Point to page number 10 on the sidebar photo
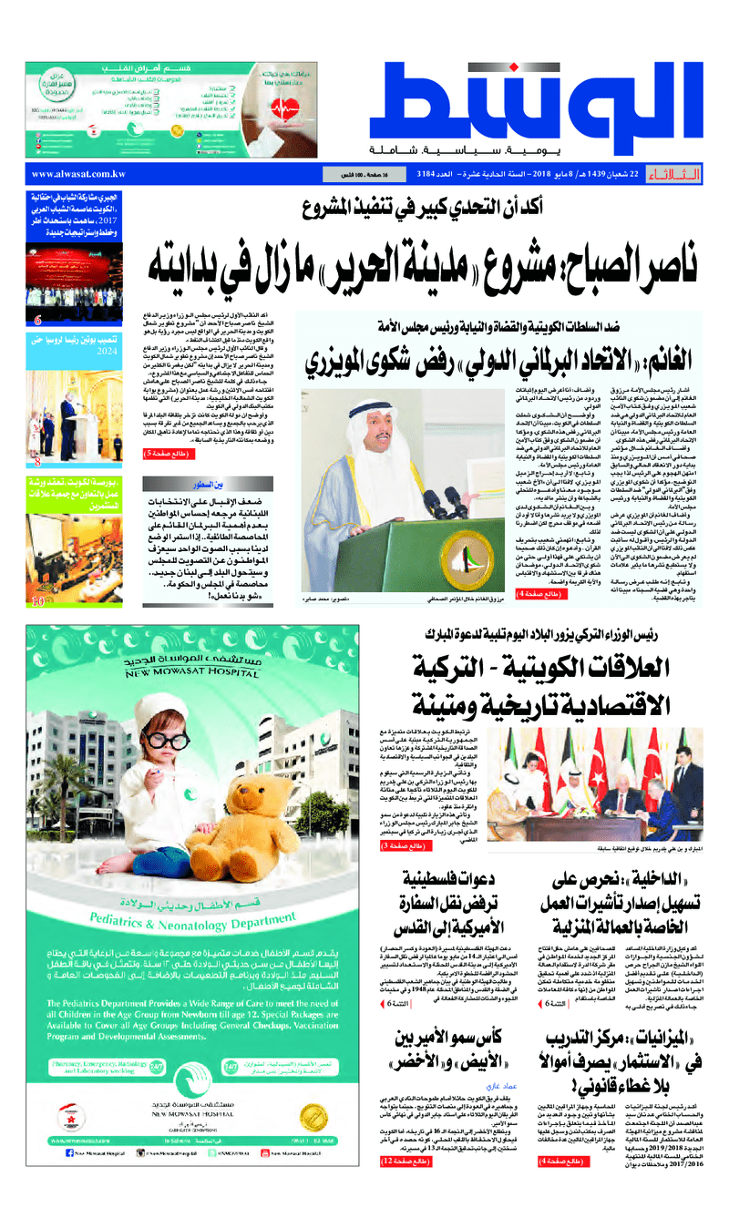coord(37,601)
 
